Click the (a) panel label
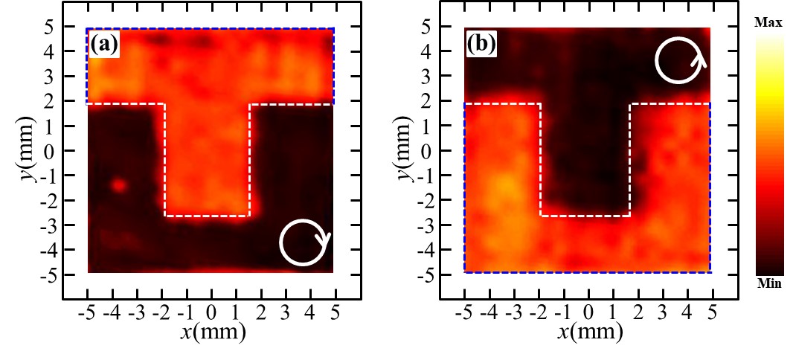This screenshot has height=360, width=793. coord(104,45)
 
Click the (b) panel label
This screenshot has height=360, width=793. coord(481,45)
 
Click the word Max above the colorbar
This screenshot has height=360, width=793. coord(768,24)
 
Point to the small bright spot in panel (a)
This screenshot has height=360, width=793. coord(118,185)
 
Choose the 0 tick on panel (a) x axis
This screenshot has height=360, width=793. coord(211,310)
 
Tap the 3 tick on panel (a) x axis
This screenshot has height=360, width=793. coord(285,310)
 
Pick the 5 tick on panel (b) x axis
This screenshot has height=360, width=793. coord(711,310)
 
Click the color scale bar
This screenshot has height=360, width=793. coord(768,154)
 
